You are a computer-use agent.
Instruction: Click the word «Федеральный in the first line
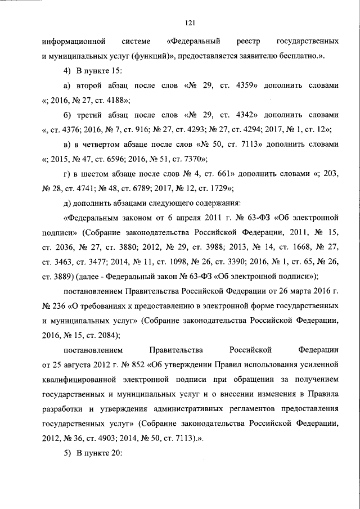point(195,42)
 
